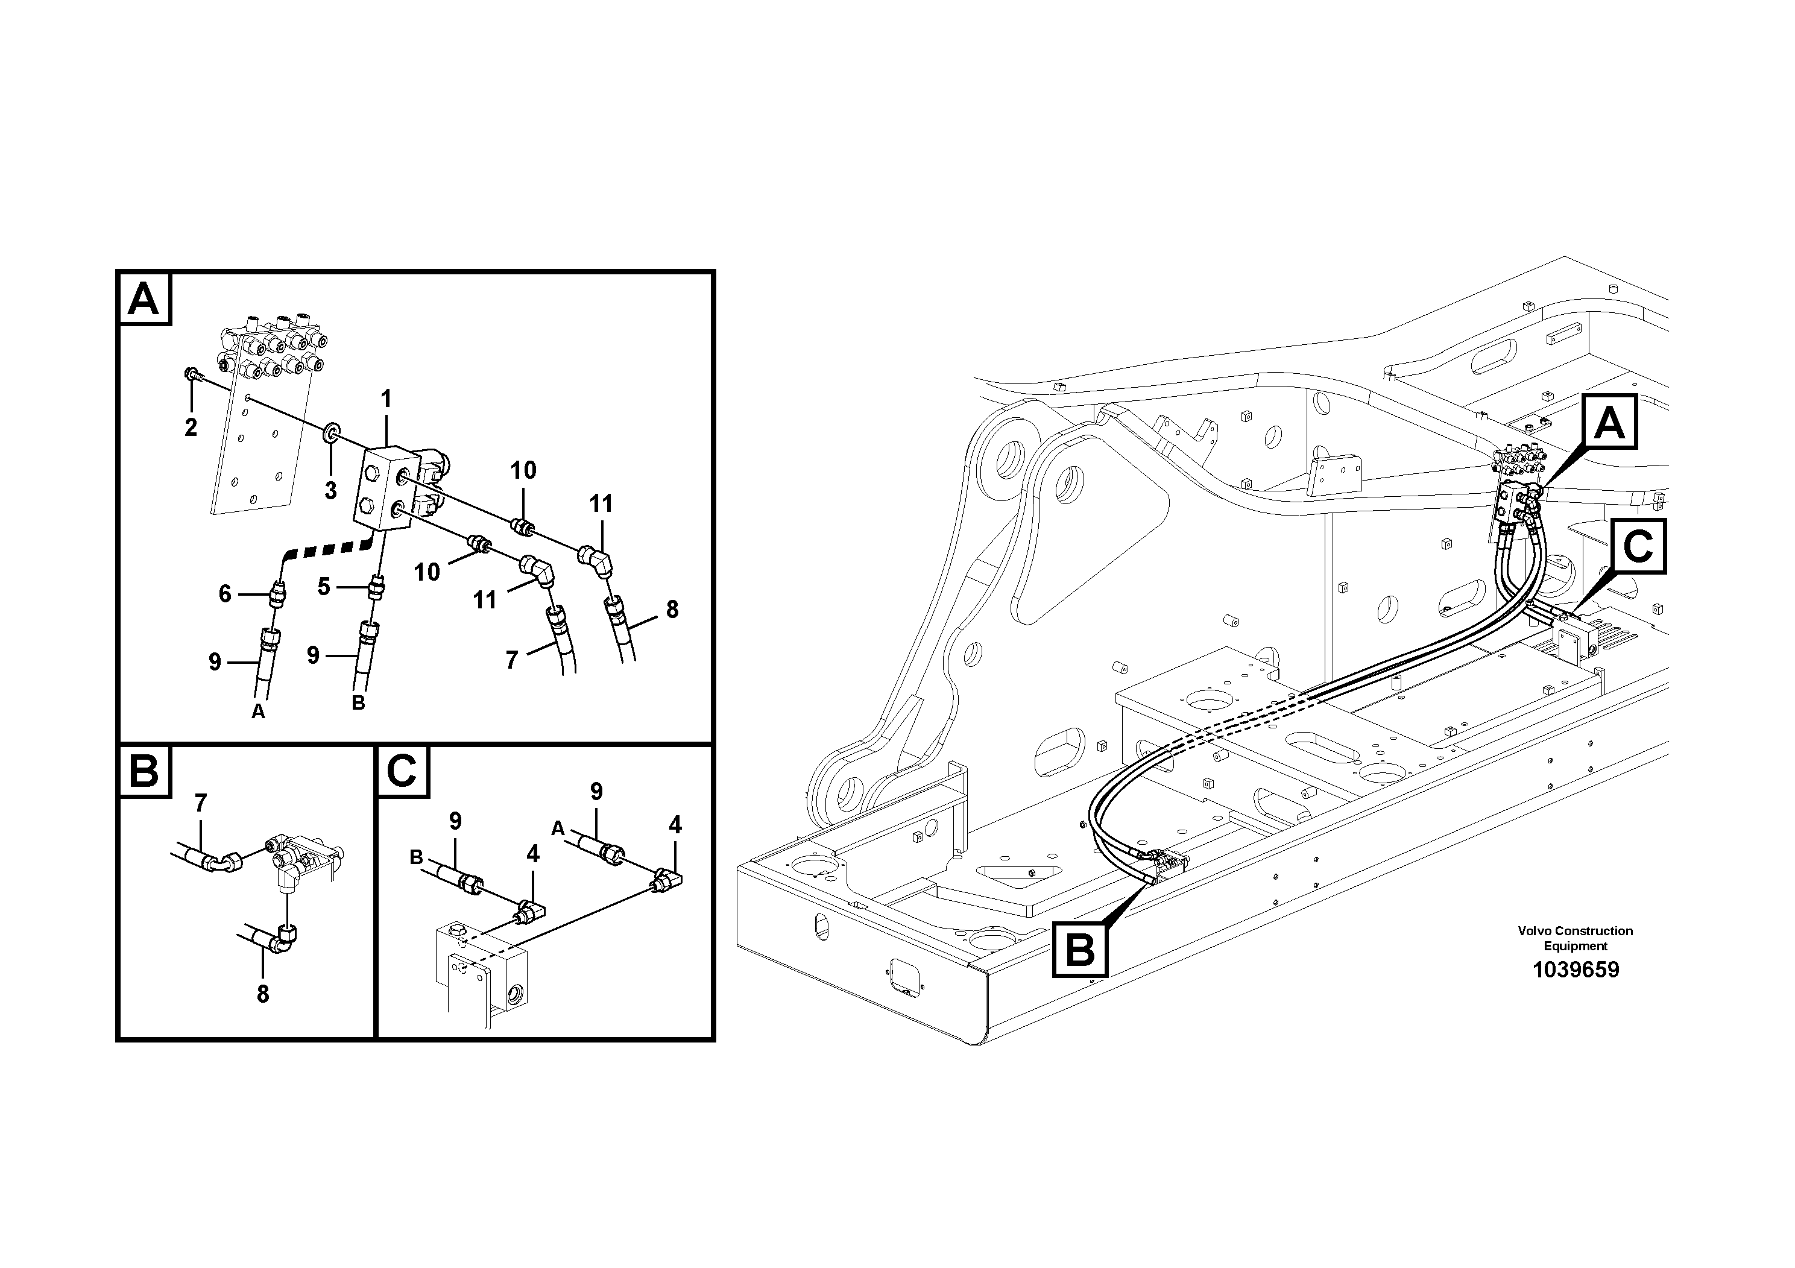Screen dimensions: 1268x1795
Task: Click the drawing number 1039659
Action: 1576,970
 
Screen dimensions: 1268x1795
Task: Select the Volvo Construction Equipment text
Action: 1576,938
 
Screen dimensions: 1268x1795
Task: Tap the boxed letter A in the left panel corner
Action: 143,298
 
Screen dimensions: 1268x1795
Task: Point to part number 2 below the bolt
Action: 191,427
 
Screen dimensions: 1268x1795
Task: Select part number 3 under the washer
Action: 330,490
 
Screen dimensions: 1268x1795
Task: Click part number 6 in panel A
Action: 224,594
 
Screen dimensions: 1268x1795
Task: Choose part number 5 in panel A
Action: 324,586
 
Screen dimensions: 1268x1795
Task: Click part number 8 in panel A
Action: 672,609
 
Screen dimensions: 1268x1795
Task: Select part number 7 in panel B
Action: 200,803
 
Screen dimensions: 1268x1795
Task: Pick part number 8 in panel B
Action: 263,994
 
